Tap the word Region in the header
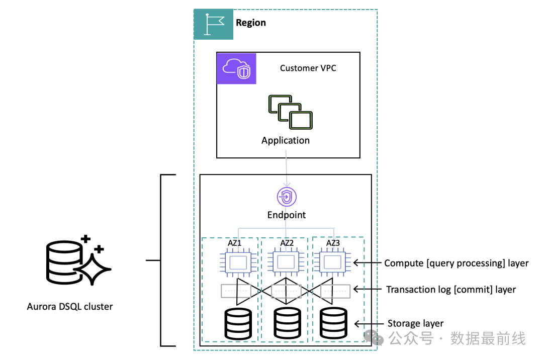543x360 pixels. tap(251, 23)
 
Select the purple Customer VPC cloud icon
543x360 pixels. tap(236, 68)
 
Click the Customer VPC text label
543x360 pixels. tap(308, 68)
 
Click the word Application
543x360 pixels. tap(286, 140)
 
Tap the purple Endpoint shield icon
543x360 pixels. tap(286, 197)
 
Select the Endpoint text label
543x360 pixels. tap(286, 215)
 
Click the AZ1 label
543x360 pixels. tap(235, 243)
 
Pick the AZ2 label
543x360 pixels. tap(287, 243)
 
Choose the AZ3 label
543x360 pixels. tap(333, 243)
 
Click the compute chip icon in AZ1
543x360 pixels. tap(237, 262)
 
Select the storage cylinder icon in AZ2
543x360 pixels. tap(287, 323)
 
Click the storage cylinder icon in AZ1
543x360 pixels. tap(238, 323)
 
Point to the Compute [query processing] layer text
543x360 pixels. tap(456, 263)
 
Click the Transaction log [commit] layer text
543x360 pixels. tap(450, 289)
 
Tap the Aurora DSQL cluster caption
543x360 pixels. tap(70, 306)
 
